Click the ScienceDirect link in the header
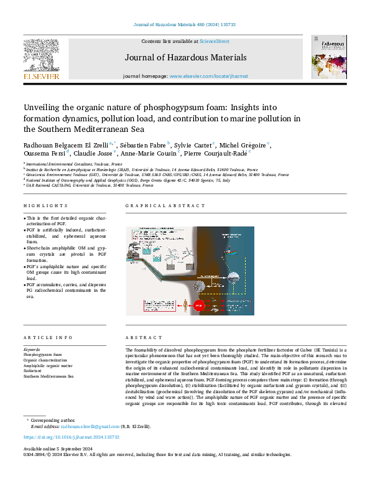(213, 41)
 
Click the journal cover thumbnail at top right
(329, 57)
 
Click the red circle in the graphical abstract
(200, 305)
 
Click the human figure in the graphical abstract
(187, 305)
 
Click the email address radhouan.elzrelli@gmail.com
(90, 427)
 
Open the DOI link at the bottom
(71, 437)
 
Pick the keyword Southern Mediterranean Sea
(49, 376)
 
